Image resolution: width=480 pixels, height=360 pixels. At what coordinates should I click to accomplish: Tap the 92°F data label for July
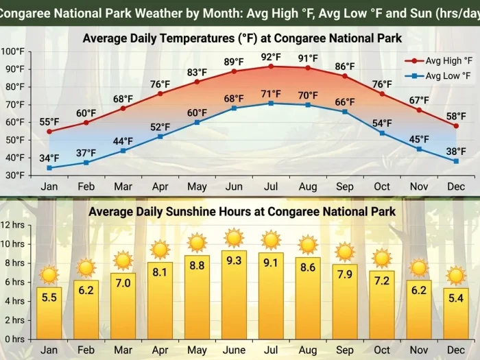271,57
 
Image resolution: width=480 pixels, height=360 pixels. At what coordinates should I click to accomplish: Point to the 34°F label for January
49,158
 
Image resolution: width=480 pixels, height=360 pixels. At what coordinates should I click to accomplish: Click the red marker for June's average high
234,71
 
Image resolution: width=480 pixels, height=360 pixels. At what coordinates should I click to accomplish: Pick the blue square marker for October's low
382,132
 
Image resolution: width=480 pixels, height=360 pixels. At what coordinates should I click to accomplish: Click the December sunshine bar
456,313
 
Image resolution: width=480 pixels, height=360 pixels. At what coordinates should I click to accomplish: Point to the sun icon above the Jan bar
49,275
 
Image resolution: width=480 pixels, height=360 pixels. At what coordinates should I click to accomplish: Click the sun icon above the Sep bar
345,252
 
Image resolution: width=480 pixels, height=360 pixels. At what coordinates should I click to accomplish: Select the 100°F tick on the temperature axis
12,51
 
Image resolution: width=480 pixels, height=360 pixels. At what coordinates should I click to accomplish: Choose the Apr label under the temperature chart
160,187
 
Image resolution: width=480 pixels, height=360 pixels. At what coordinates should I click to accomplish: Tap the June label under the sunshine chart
234,350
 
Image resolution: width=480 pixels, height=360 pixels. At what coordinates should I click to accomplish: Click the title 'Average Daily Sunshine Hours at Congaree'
242,211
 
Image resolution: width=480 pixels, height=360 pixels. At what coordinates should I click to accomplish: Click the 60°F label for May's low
197,113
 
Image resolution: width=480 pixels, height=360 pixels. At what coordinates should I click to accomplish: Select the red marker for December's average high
456,126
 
